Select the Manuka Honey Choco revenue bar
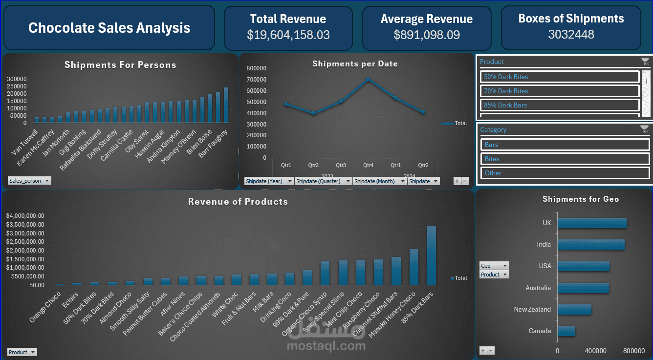[x=414, y=267]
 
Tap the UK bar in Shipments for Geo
[x=592, y=223]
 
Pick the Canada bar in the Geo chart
[x=566, y=331]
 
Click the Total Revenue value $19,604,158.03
[x=288, y=35]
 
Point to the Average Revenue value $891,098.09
[x=426, y=35]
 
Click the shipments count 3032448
[x=571, y=34]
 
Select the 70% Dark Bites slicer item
[x=560, y=91]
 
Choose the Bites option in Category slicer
[x=565, y=159]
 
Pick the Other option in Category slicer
[x=565, y=173]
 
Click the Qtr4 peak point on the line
[x=368, y=79]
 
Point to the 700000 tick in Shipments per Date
[x=257, y=79]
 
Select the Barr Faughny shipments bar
[x=226, y=105]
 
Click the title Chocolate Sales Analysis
[x=109, y=28]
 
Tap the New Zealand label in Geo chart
[x=532, y=309]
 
